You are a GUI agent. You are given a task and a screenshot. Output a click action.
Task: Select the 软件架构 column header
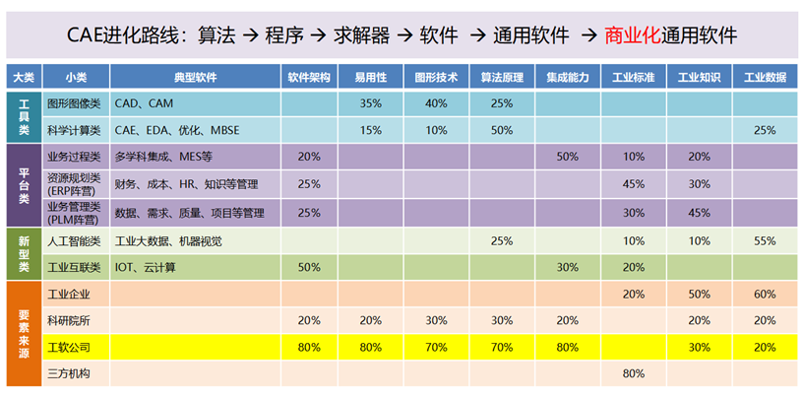pyautogui.click(x=309, y=77)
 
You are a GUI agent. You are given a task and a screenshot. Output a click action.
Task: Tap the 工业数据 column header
pyautogui.click(x=764, y=77)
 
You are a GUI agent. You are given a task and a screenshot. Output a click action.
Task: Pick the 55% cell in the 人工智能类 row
pyautogui.click(x=764, y=240)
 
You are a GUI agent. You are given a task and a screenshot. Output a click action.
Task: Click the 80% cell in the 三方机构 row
pyautogui.click(x=634, y=373)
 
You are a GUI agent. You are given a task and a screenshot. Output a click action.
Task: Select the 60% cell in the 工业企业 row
pyautogui.click(x=764, y=294)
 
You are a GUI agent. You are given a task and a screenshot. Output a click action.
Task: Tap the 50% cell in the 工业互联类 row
pyautogui.click(x=309, y=267)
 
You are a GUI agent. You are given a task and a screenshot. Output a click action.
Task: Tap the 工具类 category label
pyautogui.click(x=24, y=115)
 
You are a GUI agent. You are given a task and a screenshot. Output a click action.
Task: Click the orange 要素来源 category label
pyautogui.click(x=24, y=333)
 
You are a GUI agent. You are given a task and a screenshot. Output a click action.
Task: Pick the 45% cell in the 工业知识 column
pyautogui.click(x=699, y=213)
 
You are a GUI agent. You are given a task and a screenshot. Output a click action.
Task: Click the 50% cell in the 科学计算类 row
pyautogui.click(x=501, y=129)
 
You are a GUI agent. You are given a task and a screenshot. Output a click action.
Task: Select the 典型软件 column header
pyautogui.click(x=195, y=77)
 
